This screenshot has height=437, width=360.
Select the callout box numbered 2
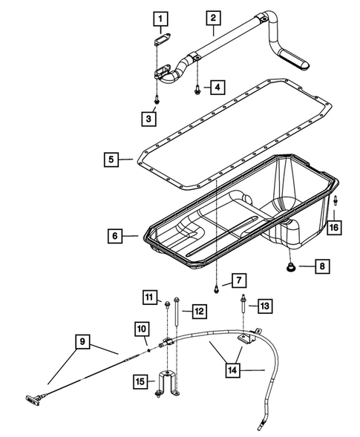coord(212,17)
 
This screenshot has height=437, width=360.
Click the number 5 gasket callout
coord(111,159)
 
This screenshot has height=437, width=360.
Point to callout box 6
coord(114,237)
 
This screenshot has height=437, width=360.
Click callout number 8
coord(320,264)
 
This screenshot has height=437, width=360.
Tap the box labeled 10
coord(142,327)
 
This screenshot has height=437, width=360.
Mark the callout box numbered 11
coord(151,298)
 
